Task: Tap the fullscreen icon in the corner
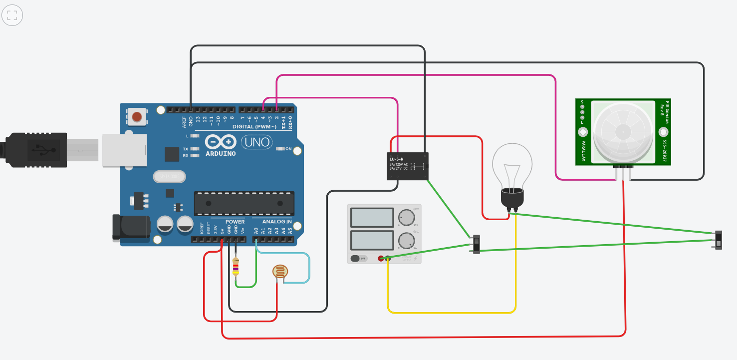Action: (12, 15)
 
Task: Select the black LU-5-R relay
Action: (408, 166)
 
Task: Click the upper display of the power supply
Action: (372, 218)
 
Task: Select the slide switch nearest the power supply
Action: (477, 244)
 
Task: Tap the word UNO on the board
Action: (257, 143)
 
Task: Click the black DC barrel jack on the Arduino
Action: (131, 227)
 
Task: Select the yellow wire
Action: (452, 313)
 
